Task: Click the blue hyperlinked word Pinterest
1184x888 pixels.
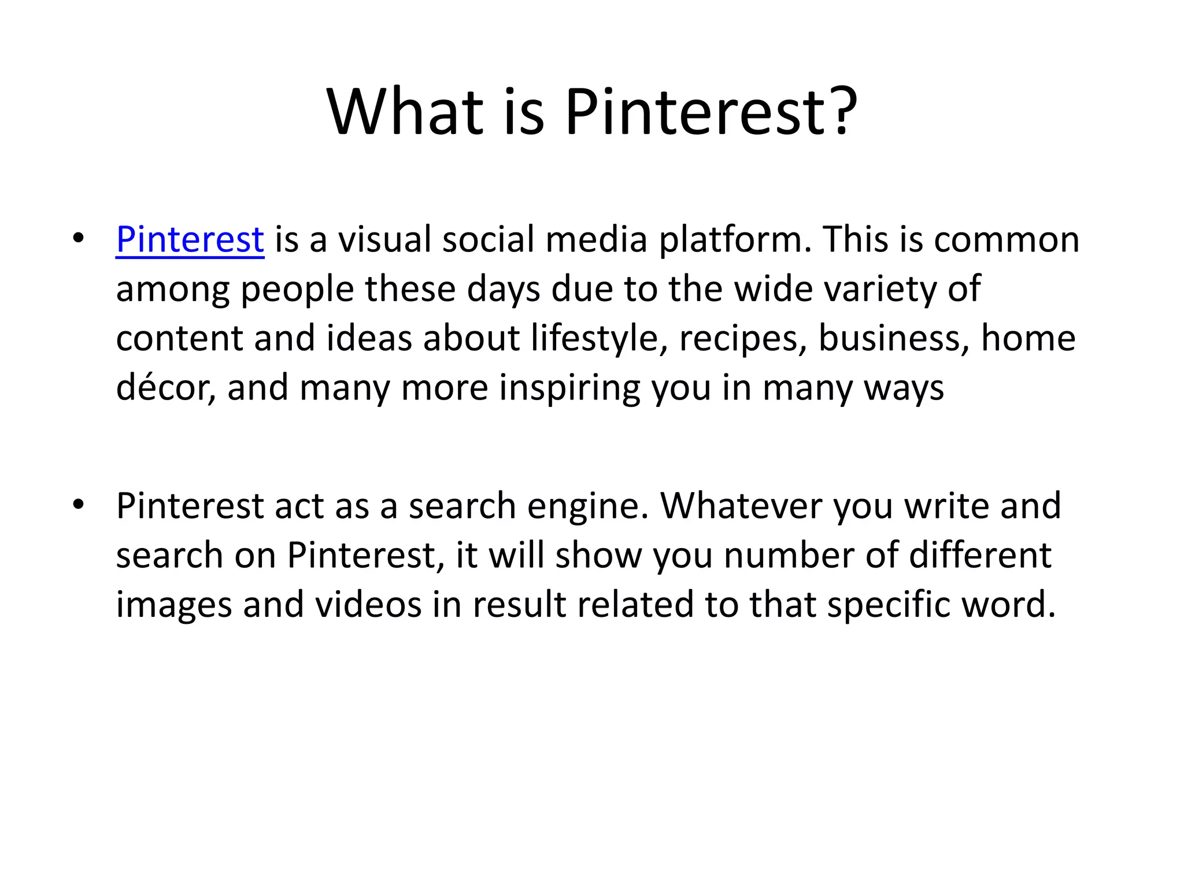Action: (x=190, y=239)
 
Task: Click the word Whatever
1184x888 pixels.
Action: (x=741, y=506)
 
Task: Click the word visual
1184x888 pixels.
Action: (x=384, y=239)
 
